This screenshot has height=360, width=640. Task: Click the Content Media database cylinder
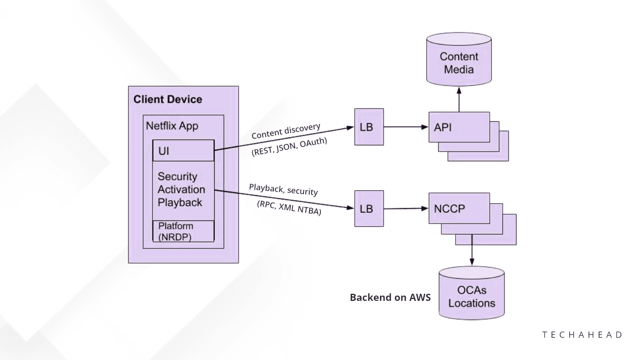click(459, 60)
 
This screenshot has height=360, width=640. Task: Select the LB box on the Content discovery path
click(369, 127)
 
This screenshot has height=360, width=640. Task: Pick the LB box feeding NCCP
click(369, 208)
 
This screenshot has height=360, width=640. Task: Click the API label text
click(443, 127)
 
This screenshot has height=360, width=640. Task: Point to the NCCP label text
click(449, 208)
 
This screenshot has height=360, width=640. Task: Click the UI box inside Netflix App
click(183, 151)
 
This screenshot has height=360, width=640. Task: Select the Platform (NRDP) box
click(183, 231)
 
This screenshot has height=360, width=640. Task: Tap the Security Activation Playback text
click(181, 190)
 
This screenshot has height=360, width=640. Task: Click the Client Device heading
click(168, 99)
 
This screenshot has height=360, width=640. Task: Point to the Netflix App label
click(172, 126)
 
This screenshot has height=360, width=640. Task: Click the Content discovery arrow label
click(286, 131)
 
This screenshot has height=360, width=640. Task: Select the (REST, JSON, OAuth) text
click(289, 147)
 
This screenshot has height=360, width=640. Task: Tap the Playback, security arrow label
click(283, 189)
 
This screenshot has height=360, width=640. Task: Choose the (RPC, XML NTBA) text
click(289, 208)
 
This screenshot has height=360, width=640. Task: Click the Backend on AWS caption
click(390, 297)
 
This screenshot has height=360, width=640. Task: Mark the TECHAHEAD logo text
click(583, 335)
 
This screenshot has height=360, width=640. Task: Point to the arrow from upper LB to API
click(406, 127)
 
